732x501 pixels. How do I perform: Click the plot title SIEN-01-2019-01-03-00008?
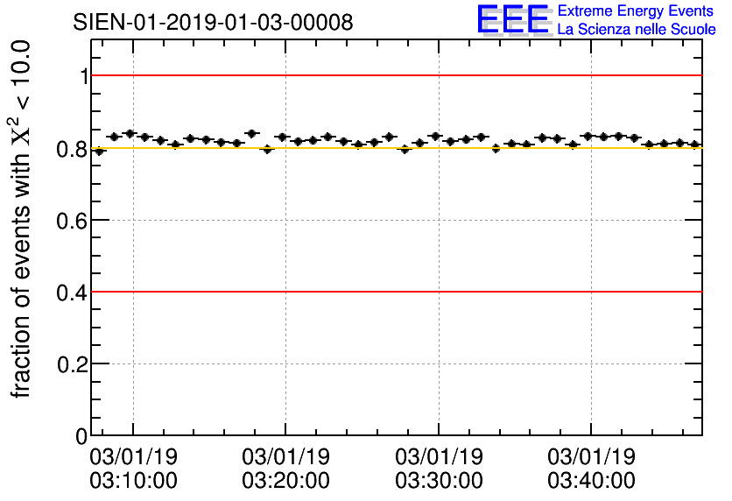coord(213,22)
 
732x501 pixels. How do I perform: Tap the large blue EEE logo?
coord(513,19)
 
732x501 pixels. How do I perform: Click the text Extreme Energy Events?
coord(637,11)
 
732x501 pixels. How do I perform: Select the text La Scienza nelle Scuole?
coord(637,30)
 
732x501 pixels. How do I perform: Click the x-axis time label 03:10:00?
coord(134,480)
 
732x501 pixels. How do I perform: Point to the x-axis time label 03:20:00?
coord(286,480)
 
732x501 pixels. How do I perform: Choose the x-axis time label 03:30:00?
coord(439,480)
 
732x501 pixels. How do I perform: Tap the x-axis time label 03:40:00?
coord(591,480)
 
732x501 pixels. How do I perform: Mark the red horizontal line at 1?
coord(394,75)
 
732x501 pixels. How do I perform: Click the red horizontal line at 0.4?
coord(394,291)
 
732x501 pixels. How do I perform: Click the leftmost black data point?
coord(99,151)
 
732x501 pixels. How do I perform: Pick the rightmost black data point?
coord(694,145)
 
